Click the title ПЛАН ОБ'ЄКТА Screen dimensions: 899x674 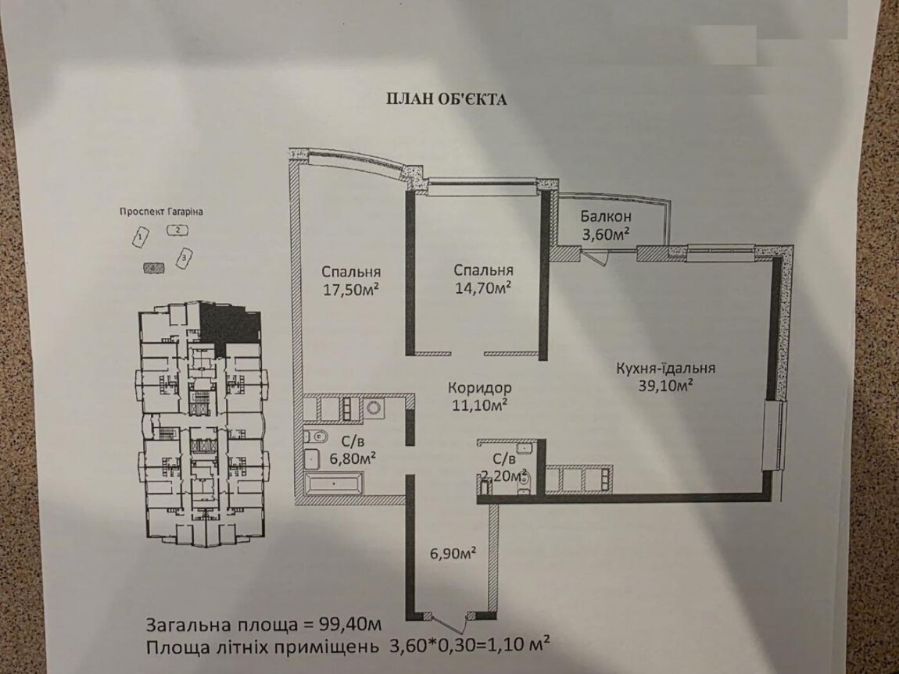click(446, 99)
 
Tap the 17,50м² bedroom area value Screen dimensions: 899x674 click(352, 290)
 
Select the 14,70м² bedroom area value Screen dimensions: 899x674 click(483, 287)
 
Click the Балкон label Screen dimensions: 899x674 click(605, 216)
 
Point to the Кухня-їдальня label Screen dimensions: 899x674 click(665, 368)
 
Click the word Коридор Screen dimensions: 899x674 click(480, 387)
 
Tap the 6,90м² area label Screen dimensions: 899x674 click(453, 554)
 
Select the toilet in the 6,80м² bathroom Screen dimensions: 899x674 click(315, 437)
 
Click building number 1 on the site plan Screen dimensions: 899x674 click(140, 237)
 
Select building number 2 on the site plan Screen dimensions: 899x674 click(177, 230)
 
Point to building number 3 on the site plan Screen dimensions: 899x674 click(184, 257)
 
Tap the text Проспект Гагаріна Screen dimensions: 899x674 click(161, 212)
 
